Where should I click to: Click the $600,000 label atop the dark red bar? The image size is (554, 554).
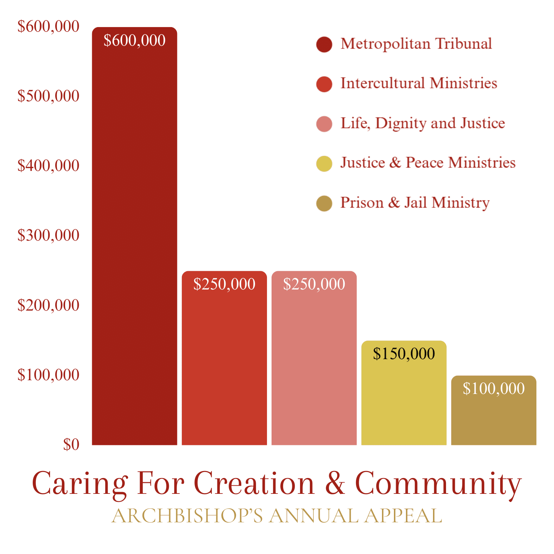[134, 40]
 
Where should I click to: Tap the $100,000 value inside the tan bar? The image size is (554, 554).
[493, 389]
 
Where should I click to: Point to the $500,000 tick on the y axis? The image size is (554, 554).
[49, 96]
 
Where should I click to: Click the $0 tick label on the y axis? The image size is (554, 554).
[71, 445]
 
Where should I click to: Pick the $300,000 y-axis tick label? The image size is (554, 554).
[49, 235]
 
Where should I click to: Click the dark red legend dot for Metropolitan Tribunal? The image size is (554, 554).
[324, 44]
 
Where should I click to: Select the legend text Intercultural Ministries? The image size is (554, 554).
[419, 83]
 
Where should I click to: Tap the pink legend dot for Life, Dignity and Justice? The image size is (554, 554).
[324, 124]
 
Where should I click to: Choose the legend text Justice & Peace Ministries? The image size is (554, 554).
[428, 163]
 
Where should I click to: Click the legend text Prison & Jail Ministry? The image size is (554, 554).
[415, 203]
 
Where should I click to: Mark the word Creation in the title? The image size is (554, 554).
[254, 483]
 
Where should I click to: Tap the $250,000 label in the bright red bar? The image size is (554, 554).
[224, 284]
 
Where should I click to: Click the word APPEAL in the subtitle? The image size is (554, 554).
[403, 516]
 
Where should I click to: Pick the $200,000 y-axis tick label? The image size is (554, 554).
[49, 305]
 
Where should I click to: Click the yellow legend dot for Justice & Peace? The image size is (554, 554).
[324, 164]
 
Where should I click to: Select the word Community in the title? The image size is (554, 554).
[438, 484]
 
